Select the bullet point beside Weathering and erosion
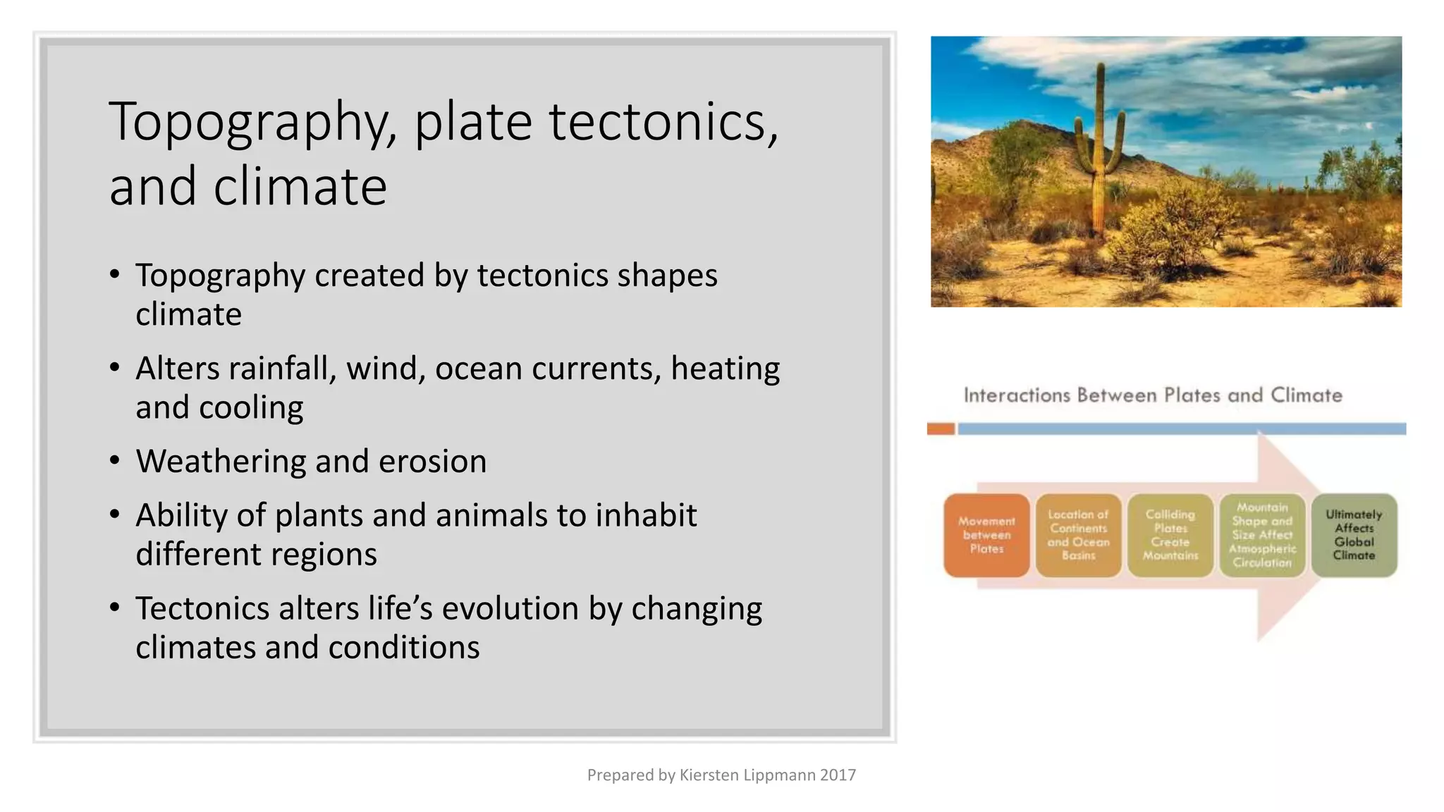115,461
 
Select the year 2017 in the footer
838,775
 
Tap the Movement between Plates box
986,536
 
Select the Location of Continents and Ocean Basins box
1078,536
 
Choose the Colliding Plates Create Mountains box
1170,536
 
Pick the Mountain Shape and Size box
1262,536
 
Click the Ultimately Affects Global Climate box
1354,536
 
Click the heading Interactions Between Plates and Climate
1153,395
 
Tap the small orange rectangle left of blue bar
941,429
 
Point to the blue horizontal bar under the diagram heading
1181,429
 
